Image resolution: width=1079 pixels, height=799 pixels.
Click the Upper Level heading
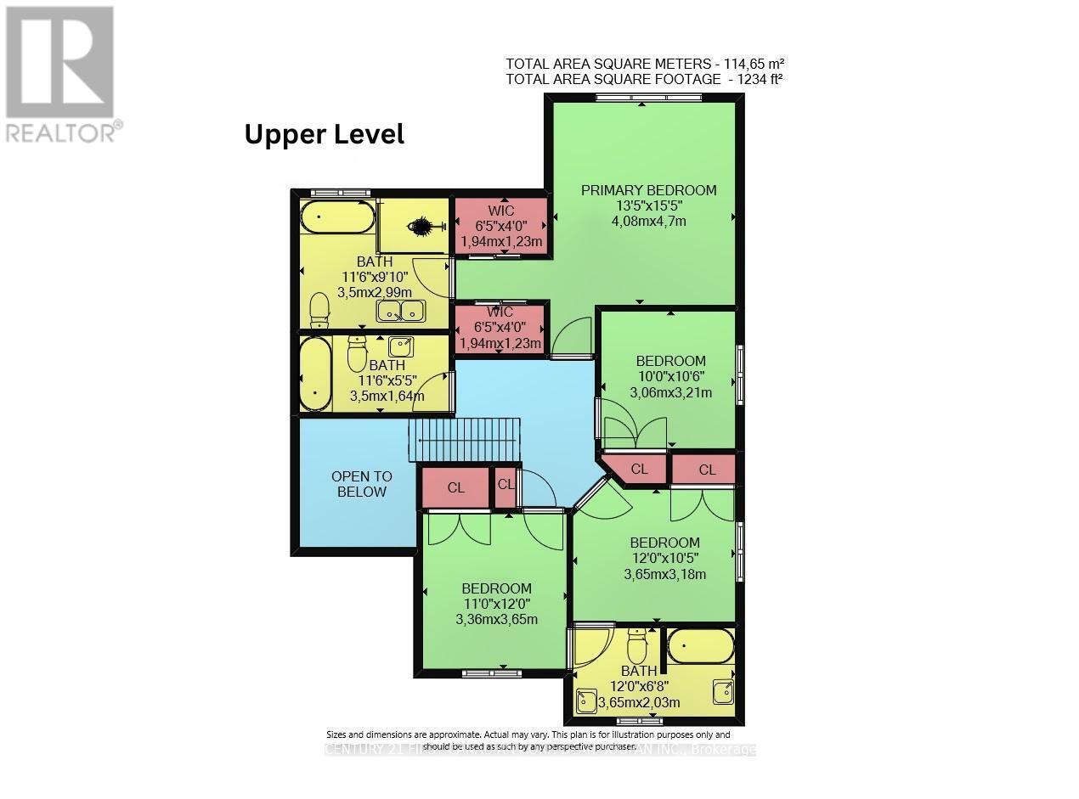coord(324,134)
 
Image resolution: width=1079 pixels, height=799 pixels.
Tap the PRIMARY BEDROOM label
coord(648,190)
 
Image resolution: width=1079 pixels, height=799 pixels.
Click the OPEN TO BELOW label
coord(361,484)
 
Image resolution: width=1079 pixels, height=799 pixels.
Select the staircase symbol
coord(464,439)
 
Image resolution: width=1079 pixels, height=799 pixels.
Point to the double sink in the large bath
coord(402,312)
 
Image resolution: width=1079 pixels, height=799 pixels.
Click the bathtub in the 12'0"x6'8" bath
coord(700,647)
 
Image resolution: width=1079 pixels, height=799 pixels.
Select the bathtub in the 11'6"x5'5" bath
coord(315,374)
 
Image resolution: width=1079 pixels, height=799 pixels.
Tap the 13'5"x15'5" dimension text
coord(648,206)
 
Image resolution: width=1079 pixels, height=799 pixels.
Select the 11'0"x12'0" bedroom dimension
coord(496,604)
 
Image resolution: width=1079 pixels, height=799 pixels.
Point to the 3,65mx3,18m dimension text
coord(664,574)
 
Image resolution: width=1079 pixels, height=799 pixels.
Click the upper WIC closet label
coord(500,211)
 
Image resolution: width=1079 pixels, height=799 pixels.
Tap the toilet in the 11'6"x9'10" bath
coord(319,310)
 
